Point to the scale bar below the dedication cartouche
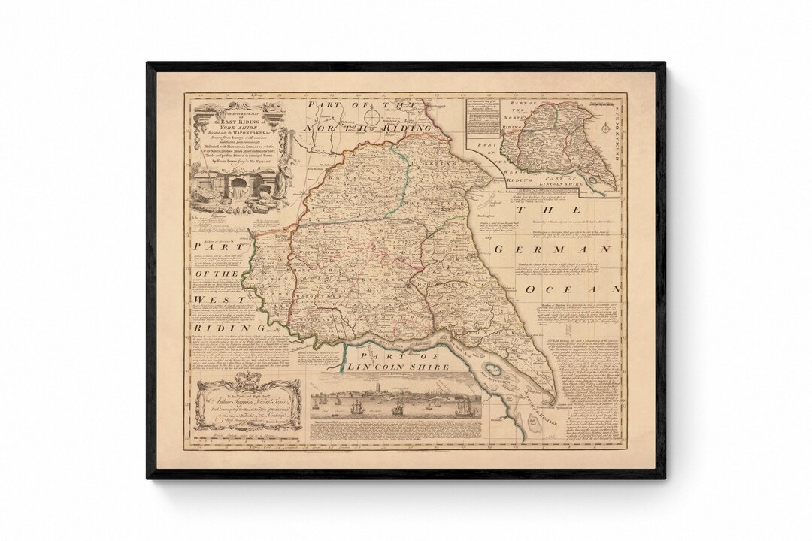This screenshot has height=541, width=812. [x=241, y=434]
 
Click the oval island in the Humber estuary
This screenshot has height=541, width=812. [x=494, y=369]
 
